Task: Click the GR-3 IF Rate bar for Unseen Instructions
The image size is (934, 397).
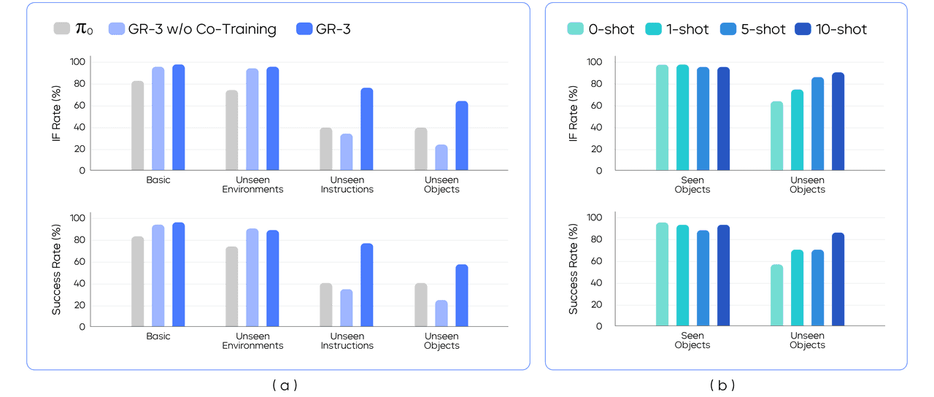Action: point(366,129)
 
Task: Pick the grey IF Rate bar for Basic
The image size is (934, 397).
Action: point(137,126)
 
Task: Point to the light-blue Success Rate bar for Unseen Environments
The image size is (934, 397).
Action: point(252,277)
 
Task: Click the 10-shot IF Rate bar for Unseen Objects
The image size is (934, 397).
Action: point(838,121)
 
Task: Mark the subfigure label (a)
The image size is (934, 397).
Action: point(285,385)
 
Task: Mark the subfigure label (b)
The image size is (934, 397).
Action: point(722,385)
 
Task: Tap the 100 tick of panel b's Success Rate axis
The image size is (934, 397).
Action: point(594,218)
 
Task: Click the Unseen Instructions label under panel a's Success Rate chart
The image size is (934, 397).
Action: point(347,341)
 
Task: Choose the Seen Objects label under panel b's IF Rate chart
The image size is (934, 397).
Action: point(692,185)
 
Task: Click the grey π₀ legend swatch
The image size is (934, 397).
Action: point(62,29)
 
